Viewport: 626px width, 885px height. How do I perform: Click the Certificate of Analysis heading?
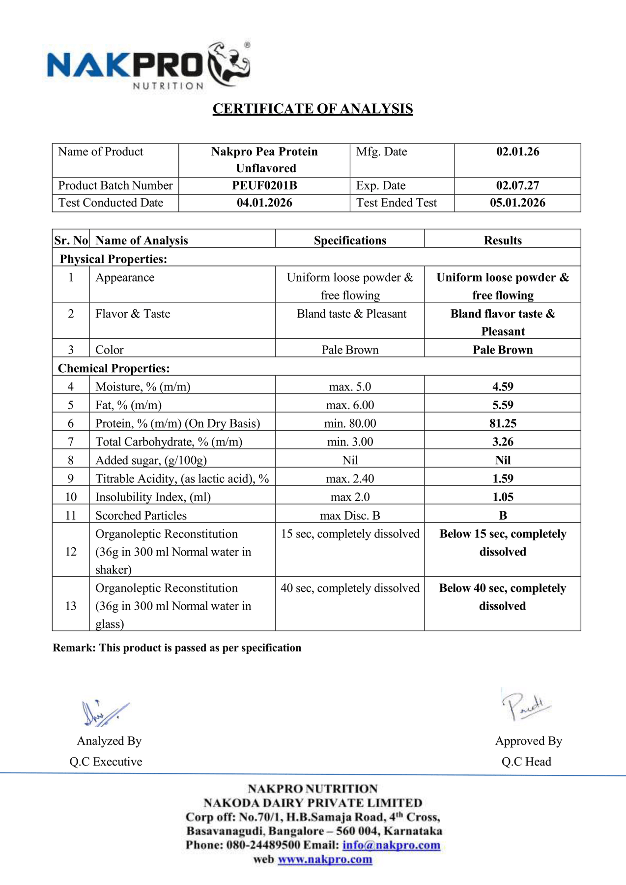[313, 109]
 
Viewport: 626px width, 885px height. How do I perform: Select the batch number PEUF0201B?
[264, 186]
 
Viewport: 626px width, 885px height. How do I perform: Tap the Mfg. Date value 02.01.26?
[517, 152]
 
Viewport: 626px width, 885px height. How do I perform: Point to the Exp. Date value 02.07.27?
[517, 186]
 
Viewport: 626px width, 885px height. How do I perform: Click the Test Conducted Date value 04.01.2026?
[264, 203]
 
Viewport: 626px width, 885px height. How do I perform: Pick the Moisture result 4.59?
[503, 387]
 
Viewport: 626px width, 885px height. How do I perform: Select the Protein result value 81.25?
[503, 424]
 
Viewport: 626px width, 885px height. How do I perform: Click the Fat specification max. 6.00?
[350, 405]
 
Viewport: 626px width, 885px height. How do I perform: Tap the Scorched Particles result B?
[503, 516]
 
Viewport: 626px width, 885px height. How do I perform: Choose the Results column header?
[503, 240]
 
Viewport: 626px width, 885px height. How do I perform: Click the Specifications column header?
[350, 240]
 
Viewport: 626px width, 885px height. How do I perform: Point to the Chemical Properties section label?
[114, 369]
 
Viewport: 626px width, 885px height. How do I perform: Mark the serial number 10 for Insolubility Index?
[71, 497]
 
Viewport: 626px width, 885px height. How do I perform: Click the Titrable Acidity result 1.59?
[503, 479]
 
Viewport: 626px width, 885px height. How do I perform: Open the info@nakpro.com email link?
[391, 845]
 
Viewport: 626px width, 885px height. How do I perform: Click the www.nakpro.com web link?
[325, 859]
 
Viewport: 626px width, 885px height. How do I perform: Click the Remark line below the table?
[177, 648]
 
